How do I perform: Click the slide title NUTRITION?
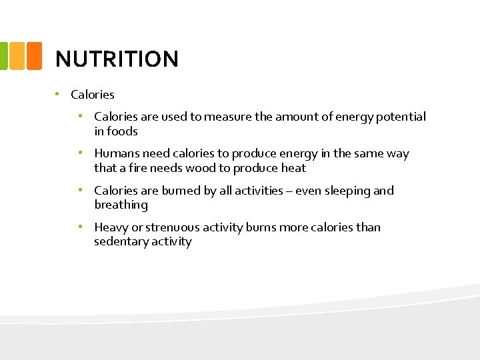(x=117, y=59)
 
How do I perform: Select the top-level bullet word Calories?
(x=93, y=95)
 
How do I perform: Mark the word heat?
(x=293, y=168)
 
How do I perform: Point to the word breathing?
(x=121, y=205)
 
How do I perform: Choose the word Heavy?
(x=111, y=227)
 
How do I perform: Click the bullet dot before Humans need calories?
(x=80, y=153)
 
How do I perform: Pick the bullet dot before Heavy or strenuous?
(x=80, y=227)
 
